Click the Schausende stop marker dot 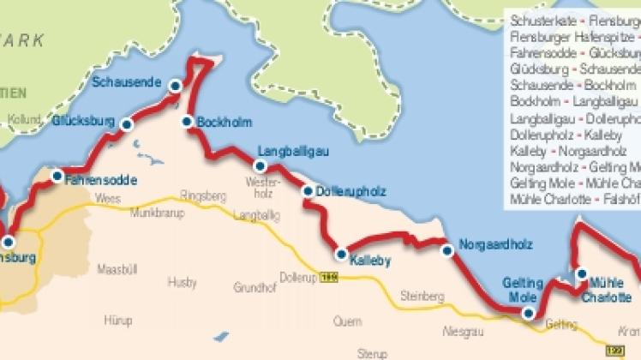tap(175, 86)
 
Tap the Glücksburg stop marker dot tap(127, 125)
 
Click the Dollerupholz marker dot tap(308, 191)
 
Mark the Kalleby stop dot tap(341, 254)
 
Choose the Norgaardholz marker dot tap(446, 251)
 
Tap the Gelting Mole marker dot tap(528, 314)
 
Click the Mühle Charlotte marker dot tap(582, 274)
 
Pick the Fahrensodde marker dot tap(57, 177)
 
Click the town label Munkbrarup tap(152, 210)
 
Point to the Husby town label tap(183, 281)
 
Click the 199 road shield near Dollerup tap(328, 276)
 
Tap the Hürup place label tap(118, 321)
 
